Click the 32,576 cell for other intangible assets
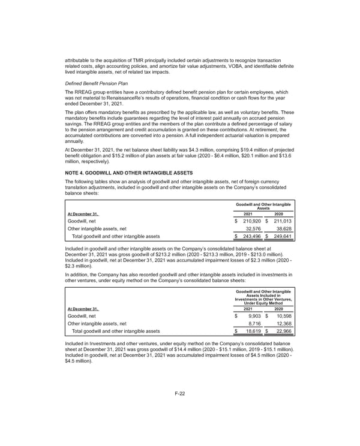pyautogui.click(x=254, y=228)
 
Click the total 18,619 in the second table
pyautogui.click(x=254, y=330)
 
